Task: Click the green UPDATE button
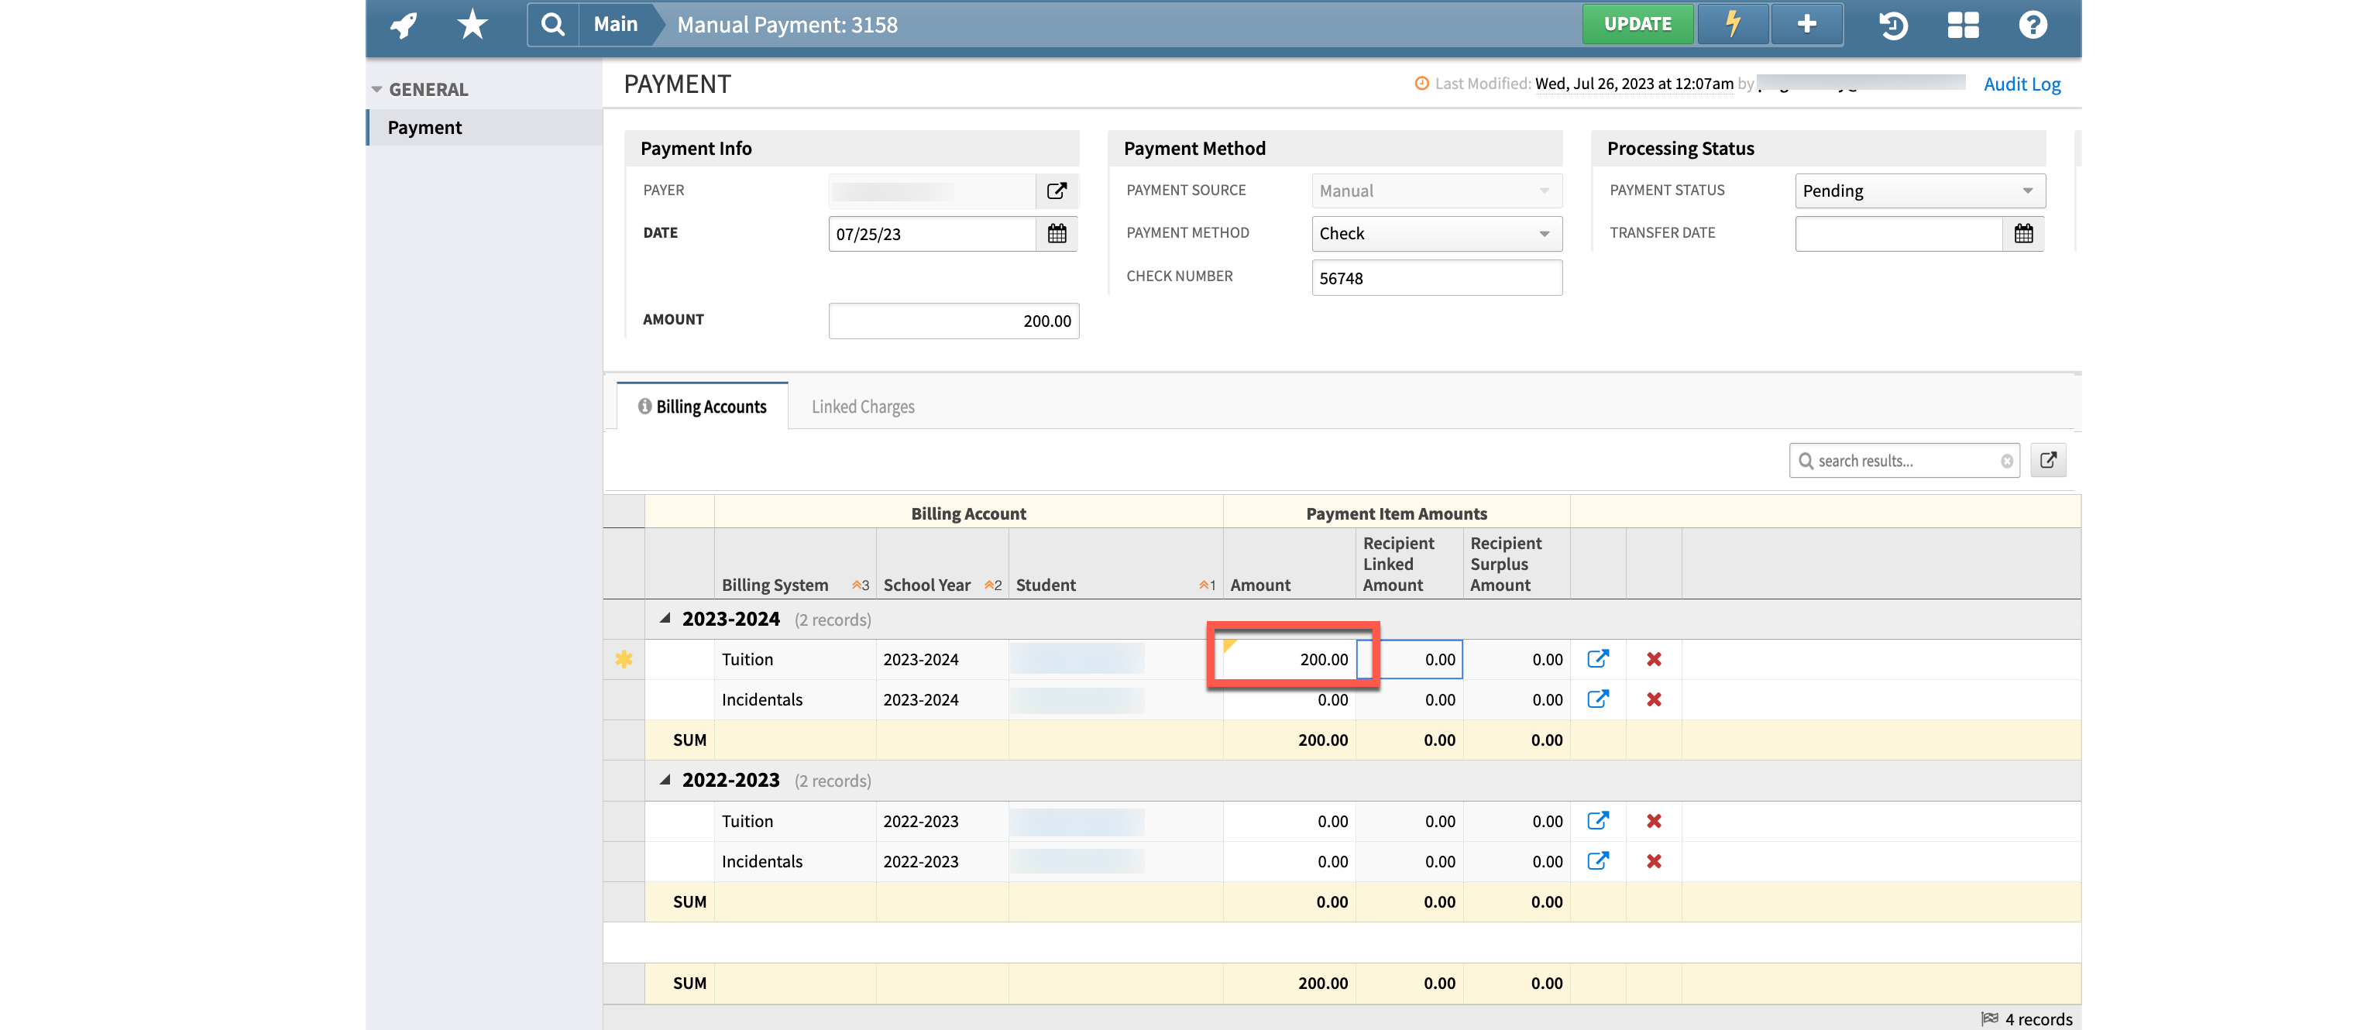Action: coord(1637,24)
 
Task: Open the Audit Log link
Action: coord(2022,84)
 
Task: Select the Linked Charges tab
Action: coord(862,407)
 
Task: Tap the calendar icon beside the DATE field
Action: coord(1057,235)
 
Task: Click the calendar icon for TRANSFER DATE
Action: coord(2023,235)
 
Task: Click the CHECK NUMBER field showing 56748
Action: coord(1435,278)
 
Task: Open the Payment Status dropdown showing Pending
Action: coord(1919,191)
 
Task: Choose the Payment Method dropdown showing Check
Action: coord(1435,235)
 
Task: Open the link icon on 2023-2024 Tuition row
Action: coord(1598,659)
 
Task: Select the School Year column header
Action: coord(927,585)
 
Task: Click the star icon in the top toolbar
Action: coord(472,25)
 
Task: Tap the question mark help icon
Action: coord(2032,25)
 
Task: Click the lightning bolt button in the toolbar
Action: coord(1733,24)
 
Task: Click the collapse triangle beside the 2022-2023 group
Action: coord(665,781)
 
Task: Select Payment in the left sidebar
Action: coord(424,127)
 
